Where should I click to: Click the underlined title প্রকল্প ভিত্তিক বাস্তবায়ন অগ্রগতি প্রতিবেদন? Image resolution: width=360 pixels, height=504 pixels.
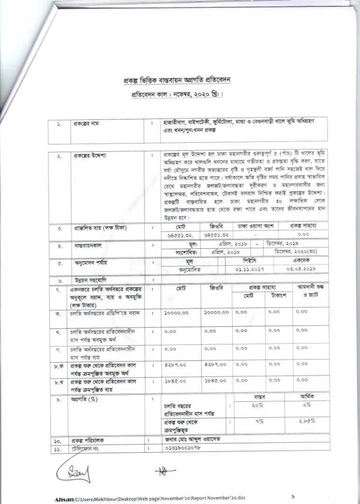177,80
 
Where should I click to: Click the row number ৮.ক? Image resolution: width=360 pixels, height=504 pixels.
59,367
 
